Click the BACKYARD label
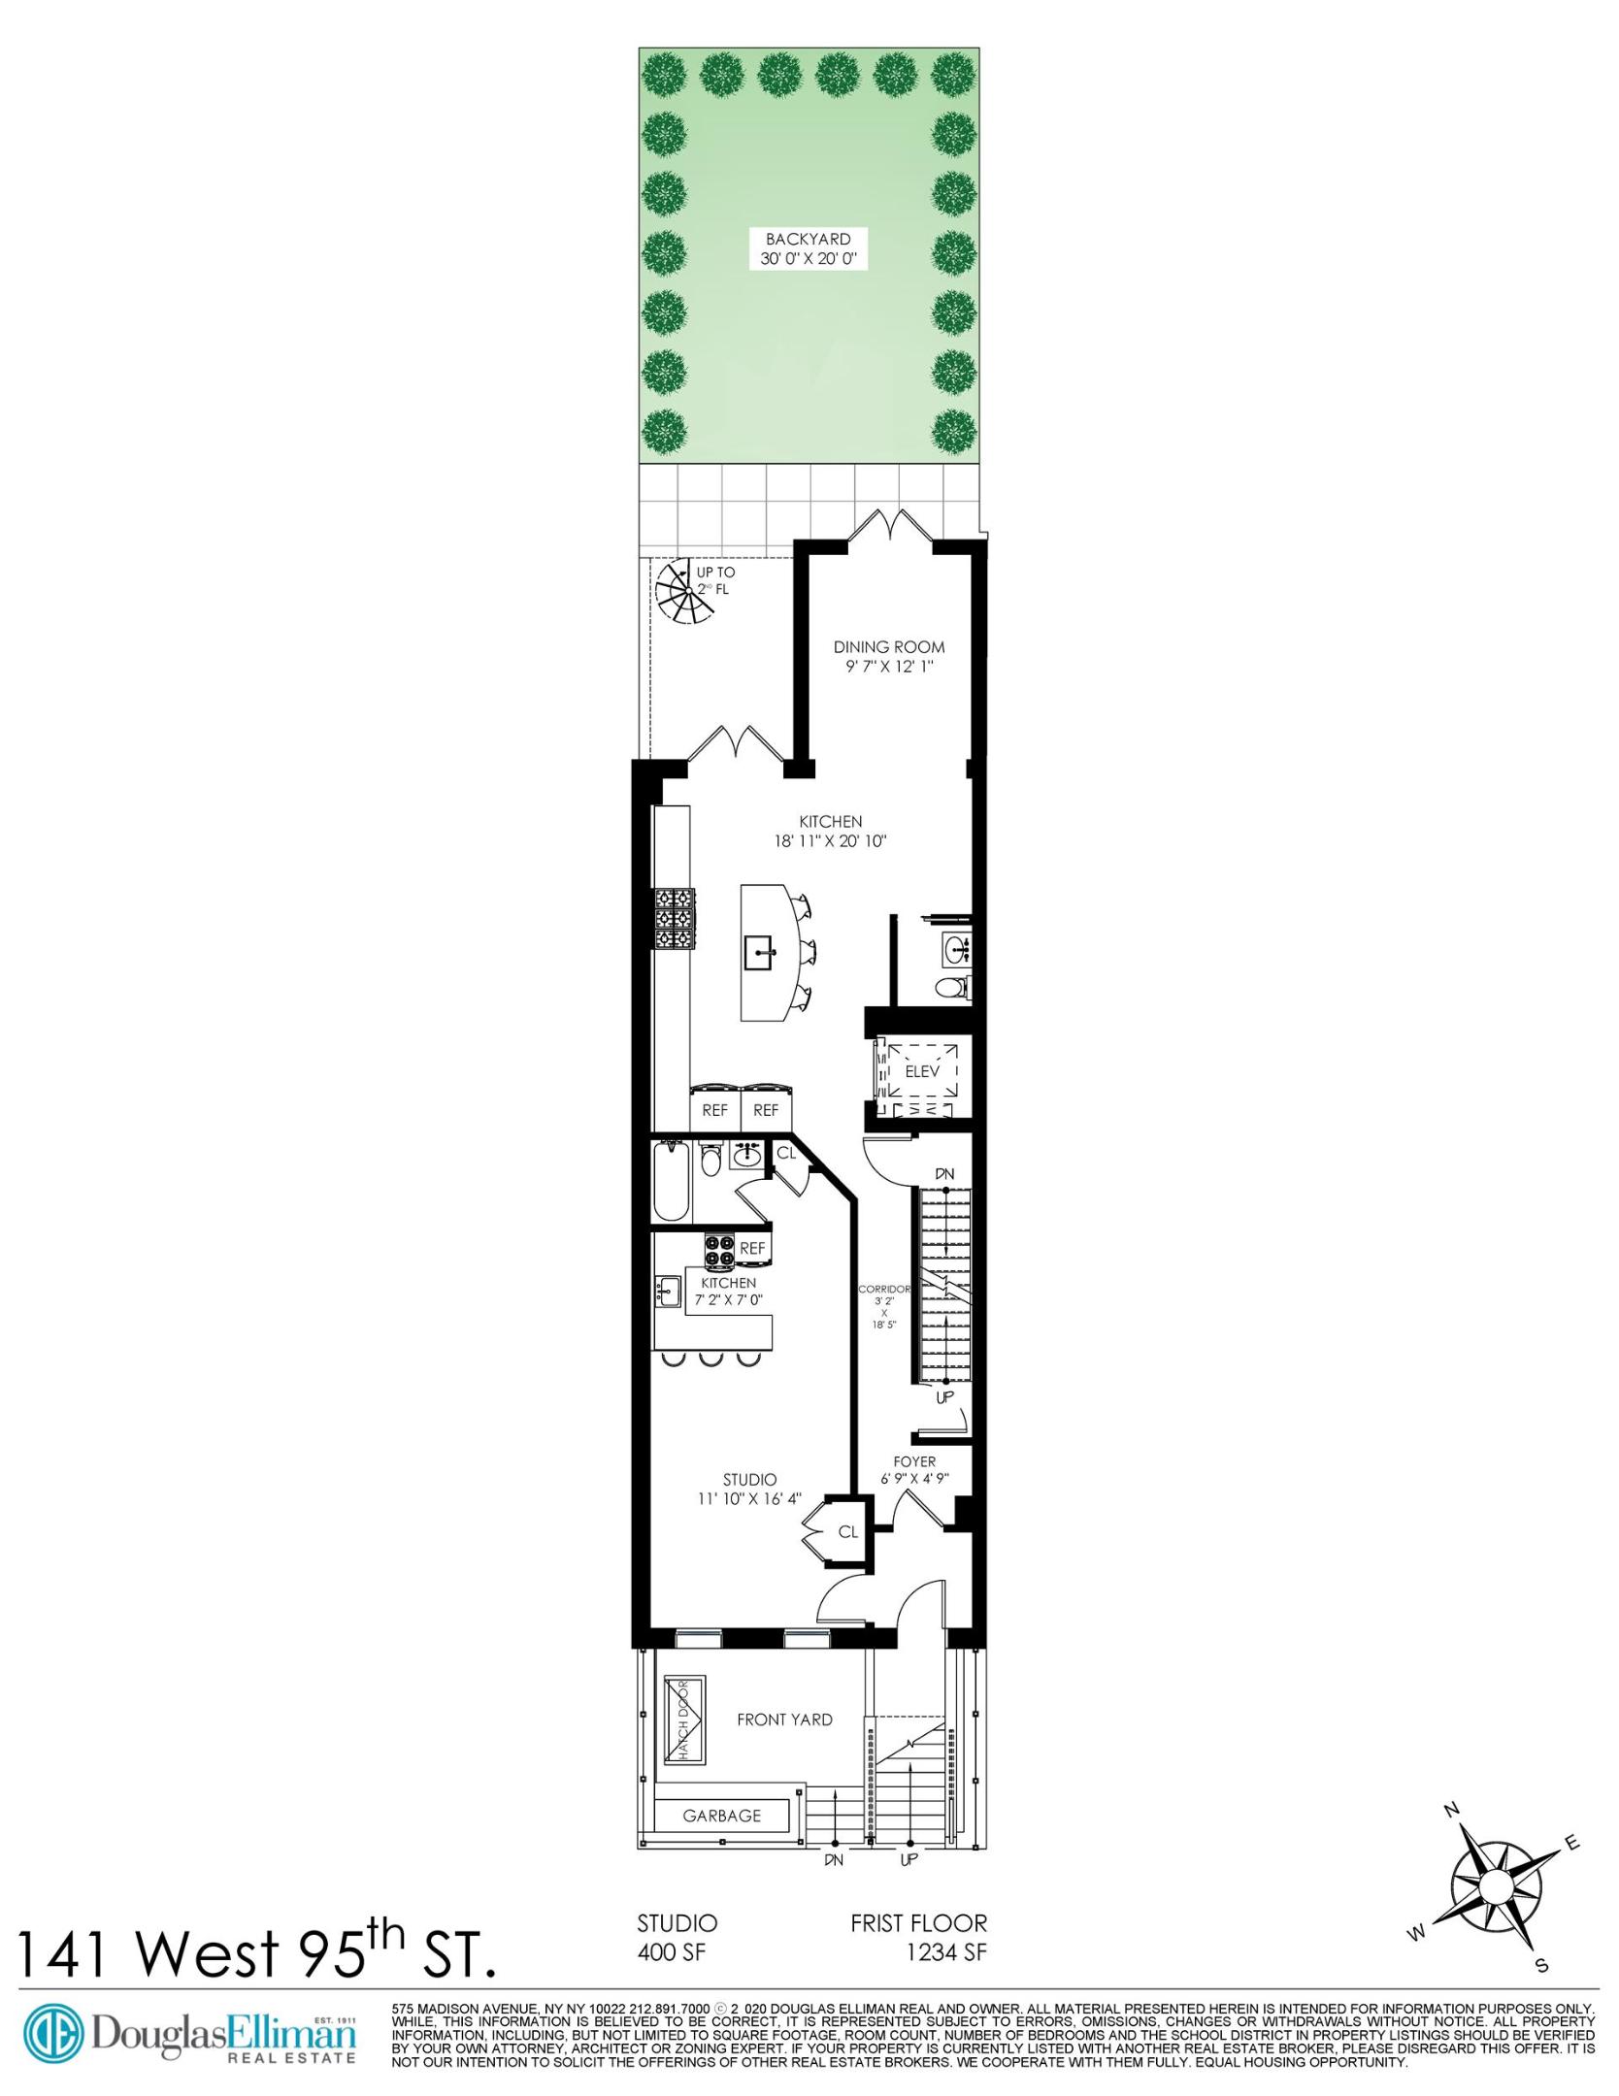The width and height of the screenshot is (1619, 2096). pyautogui.click(x=808, y=239)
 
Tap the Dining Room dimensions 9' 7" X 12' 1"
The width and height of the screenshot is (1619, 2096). pyautogui.click(x=889, y=668)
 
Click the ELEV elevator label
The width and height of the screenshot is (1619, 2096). pyautogui.click(x=922, y=1071)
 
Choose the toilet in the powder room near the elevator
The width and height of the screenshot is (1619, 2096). pyautogui.click(x=950, y=989)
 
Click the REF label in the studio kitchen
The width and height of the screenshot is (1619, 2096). pyautogui.click(x=752, y=1249)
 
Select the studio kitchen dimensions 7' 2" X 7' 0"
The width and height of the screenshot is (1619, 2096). pyautogui.click(x=728, y=1299)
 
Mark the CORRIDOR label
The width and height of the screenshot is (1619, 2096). pyautogui.click(x=884, y=1290)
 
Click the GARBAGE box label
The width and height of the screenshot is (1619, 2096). pyautogui.click(x=721, y=1816)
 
